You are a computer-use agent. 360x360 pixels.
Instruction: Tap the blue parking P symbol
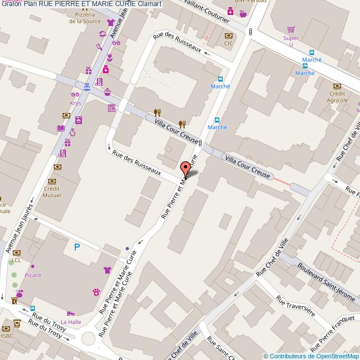(x=76, y=247)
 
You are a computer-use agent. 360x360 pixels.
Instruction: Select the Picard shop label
(x=32, y=275)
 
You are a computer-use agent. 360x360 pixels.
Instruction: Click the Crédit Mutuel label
(x=52, y=192)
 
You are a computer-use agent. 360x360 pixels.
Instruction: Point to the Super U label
(x=291, y=41)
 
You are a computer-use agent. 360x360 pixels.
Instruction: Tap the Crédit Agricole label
(x=337, y=97)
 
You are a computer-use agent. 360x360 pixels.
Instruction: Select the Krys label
(x=75, y=103)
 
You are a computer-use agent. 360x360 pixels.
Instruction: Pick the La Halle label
(x=70, y=322)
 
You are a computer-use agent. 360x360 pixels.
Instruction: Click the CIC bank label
(x=228, y=43)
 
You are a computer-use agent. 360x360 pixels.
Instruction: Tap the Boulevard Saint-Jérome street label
(x=326, y=281)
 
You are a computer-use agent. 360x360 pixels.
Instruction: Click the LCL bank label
(x=16, y=260)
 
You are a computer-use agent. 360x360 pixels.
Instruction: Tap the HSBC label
(x=6, y=336)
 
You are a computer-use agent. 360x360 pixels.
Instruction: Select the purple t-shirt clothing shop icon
(x=107, y=270)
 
